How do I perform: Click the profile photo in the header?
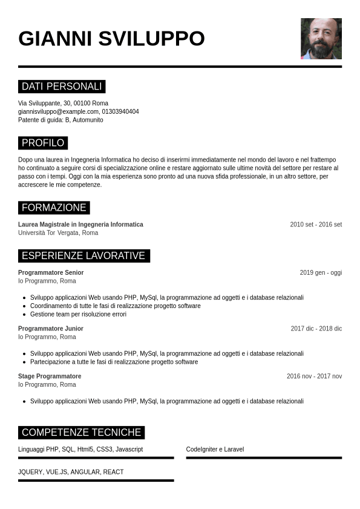coord(321,38)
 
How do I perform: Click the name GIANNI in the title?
coord(55,39)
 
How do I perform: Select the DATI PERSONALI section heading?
coord(62,87)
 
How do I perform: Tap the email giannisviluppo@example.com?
coord(58,111)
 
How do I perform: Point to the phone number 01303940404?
coord(120,111)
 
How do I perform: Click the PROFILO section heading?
coord(43,143)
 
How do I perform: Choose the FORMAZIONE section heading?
coord(54,208)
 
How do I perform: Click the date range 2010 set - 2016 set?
coord(316,225)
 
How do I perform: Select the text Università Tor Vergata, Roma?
coord(58,232)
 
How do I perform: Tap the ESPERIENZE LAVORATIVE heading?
coord(83,255)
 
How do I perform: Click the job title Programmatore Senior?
coord(51,272)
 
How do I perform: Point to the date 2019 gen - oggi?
coord(321,272)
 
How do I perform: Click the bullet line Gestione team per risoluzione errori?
coord(78,314)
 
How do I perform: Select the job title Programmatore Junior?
coord(51,329)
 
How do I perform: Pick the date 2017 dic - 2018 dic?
coord(316,329)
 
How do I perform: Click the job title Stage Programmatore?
coord(50,376)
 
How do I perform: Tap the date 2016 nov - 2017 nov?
coord(314,376)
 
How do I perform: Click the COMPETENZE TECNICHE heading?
coord(81,432)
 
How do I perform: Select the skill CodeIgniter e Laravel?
coord(215,450)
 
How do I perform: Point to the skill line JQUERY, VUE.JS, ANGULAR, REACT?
coord(71,471)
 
